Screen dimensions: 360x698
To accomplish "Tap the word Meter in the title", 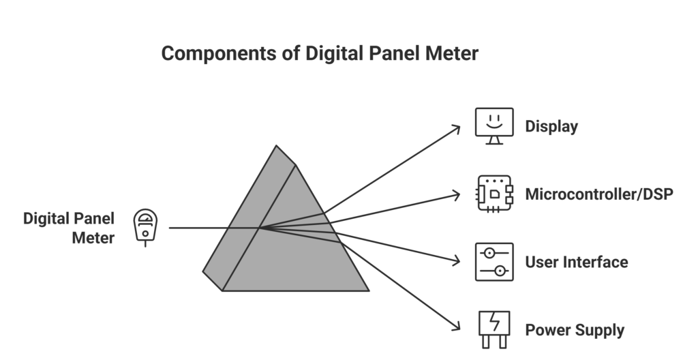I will [450, 54].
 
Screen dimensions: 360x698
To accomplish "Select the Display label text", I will [551, 127].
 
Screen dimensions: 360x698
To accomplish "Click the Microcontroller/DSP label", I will [599, 194].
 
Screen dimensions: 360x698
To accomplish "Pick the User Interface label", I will [576, 262].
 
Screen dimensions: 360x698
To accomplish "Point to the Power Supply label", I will [574, 331].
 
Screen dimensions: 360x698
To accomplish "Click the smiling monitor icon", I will [494, 125].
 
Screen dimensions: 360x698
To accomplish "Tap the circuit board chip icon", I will [494, 194].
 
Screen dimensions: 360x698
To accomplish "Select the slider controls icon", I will [494, 262].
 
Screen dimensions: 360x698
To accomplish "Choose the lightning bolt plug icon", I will [494, 329].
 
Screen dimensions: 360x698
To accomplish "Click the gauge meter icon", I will [145, 226].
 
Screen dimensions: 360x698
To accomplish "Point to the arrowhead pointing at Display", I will [457, 128].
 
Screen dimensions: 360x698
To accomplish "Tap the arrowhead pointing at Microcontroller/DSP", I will [457, 195].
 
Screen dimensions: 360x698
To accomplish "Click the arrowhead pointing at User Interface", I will [457, 260].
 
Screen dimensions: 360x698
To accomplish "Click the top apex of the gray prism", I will [277, 146].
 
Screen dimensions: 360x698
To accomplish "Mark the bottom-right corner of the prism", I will [368, 290].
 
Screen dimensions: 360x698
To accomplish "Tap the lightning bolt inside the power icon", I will [495, 322].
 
